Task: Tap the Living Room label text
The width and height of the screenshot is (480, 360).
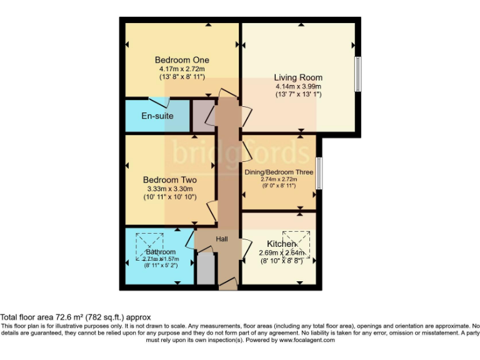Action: pyautogui.click(x=297, y=77)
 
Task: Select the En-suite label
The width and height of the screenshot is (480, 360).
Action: pyautogui.click(x=157, y=116)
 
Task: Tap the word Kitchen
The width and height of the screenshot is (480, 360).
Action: pyautogui.click(x=281, y=243)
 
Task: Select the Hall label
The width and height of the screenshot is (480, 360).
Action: pyautogui.click(x=222, y=239)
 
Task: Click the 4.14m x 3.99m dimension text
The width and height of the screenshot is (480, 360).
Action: pyautogui.click(x=297, y=86)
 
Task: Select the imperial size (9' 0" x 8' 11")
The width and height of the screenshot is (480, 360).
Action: pyautogui.click(x=279, y=186)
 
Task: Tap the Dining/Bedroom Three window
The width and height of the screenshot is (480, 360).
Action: pyautogui.click(x=319, y=173)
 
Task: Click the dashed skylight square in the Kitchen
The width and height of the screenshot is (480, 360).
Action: pyautogui.click(x=296, y=244)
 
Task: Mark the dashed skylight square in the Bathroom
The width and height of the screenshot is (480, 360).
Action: pyautogui.click(x=150, y=246)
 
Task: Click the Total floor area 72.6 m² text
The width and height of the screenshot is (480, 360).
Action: pyautogui.click(x=76, y=317)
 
